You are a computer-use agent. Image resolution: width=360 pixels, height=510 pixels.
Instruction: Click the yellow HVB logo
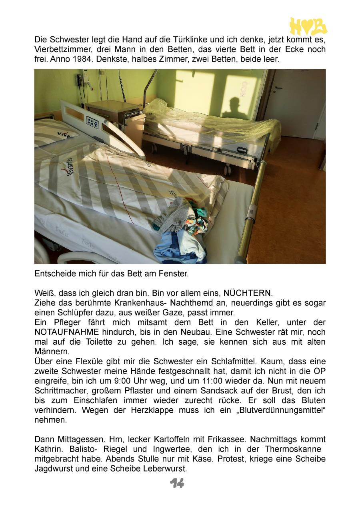(x=308, y=26)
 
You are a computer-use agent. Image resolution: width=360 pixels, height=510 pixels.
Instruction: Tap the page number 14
(x=177, y=483)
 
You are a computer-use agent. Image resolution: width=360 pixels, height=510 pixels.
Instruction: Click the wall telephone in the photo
(x=80, y=79)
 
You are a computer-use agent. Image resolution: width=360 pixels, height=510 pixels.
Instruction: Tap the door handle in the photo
(x=277, y=87)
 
